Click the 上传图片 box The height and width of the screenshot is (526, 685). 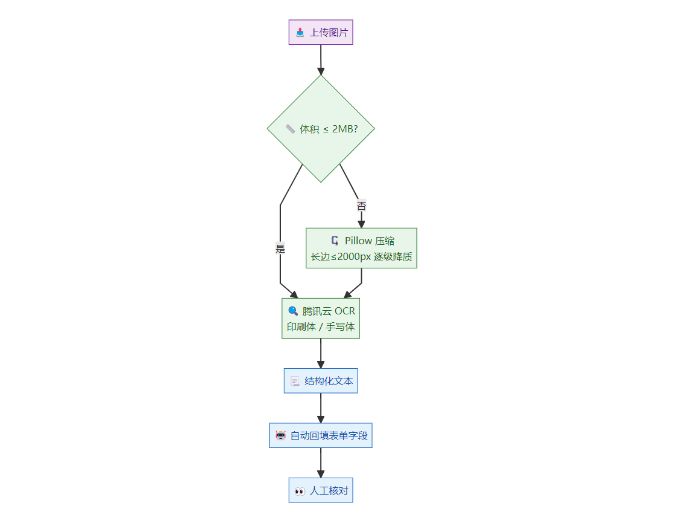click(321, 33)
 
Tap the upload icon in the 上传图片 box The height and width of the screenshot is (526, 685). click(300, 33)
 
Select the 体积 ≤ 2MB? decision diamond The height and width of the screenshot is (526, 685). click(321, 129)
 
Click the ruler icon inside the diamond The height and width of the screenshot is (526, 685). click(290, 129)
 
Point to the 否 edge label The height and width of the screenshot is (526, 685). click(361, 206)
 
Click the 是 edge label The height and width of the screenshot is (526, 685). click(280, 248)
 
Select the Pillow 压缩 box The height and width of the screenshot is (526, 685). click(361, 248)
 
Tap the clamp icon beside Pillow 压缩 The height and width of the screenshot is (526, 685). click(335, 241)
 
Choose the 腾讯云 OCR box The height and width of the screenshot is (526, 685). click(321, 318)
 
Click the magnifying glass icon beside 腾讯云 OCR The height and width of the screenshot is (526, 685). click(293, 311)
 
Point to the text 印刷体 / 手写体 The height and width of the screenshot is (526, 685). click(321, 326)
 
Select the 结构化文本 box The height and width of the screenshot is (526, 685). click(321, 381)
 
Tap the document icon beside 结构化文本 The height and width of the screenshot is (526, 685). click(295, 382)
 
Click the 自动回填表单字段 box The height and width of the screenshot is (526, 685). click(321, 435)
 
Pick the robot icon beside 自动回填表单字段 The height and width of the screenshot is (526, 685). click(280, 435)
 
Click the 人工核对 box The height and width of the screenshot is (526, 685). click(321, 490)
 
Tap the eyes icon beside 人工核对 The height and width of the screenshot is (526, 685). click(300, 491)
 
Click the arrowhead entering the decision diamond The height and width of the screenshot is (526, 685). click(321, 71)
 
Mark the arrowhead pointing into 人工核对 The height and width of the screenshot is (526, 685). click(321, 474)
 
